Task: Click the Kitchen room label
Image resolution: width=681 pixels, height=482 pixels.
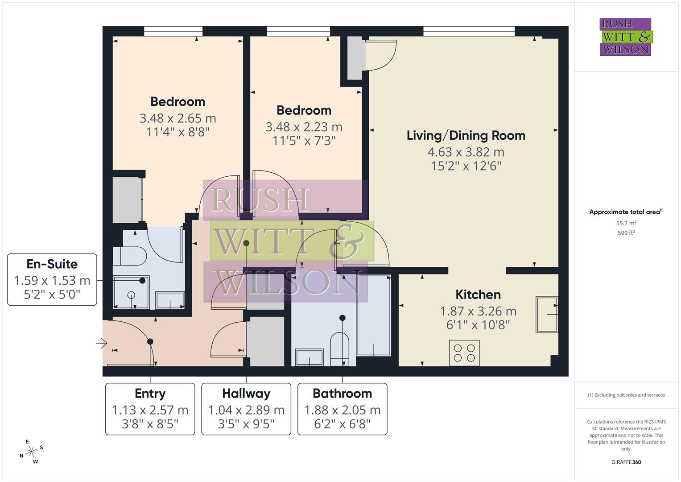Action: (478, 295)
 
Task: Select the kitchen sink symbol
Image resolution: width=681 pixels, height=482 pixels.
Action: (547, 315)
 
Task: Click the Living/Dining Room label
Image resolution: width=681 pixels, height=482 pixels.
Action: (466, 136)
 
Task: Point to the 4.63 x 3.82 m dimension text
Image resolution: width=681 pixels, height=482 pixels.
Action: (466, 152)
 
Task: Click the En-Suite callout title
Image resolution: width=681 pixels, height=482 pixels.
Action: (52, 264)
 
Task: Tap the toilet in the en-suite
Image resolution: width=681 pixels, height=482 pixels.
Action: (130, 258)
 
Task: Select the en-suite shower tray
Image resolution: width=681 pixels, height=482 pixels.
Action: (131, 292)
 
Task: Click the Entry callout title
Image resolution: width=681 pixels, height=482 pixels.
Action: (150, 394)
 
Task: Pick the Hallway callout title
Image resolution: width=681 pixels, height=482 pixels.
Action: (246, 394)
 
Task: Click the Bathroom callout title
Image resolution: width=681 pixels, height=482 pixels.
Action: (342, 394)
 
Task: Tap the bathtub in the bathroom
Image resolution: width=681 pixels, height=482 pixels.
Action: (374, 316)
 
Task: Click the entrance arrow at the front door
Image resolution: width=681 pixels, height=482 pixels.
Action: (102, 343)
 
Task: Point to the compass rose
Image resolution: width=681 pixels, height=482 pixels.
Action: (31, 452)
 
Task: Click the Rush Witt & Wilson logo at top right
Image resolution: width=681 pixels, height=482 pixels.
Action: (625, 37)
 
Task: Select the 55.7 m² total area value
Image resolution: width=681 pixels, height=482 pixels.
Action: (626, 223)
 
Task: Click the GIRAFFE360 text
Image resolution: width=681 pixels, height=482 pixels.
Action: (626, 462)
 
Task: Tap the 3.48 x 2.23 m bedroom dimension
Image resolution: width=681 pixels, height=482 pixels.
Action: (304, 127)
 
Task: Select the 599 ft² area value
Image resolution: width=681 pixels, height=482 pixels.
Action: (626, 233)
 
